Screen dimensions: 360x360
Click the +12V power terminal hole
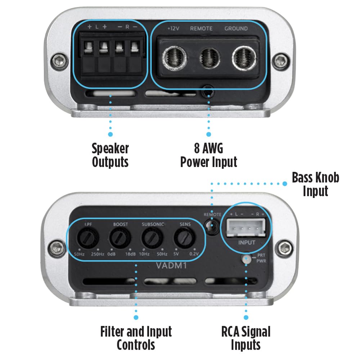[174, 57]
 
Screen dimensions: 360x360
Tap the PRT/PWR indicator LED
[247, 258]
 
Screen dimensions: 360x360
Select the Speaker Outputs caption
[110, 155]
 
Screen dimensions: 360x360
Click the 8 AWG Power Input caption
[209, 155]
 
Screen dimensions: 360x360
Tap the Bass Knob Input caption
[315, 184]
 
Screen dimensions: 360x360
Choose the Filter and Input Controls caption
[136, 338]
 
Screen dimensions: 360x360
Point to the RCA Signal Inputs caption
[246, 338]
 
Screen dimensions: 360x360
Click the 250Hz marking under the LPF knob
[97, 254]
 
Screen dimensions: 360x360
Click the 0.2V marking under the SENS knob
[194, 254]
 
